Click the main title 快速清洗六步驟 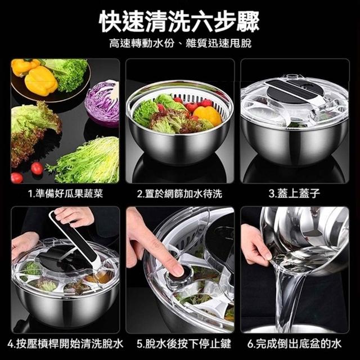click(179, 21)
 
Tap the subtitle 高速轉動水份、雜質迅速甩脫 click(180, 43)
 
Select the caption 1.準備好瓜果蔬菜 click(66, 193)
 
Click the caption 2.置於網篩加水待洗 click(179, 193)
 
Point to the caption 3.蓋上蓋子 click(294, 193)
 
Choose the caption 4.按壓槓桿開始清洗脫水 click(65, 344)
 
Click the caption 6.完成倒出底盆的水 click(294, 344)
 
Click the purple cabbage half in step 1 click(102, 103)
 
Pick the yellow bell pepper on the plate click(41, 80)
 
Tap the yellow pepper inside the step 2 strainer click(208, 115)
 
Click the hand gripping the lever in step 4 click(74, 216)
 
